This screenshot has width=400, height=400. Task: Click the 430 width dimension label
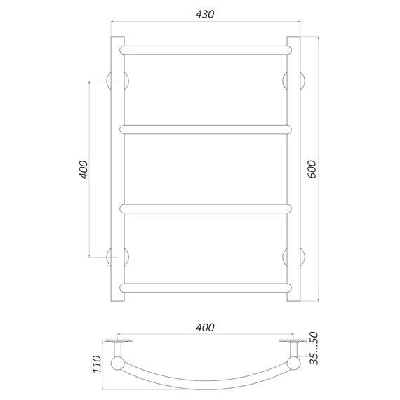point(205,14)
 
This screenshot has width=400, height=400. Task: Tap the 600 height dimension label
point(312,169)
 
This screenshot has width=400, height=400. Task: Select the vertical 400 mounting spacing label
point(84,170)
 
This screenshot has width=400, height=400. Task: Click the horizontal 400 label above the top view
point(205,327)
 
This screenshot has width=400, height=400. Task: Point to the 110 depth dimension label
point(97,364)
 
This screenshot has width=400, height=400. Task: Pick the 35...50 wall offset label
point(314,348)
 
